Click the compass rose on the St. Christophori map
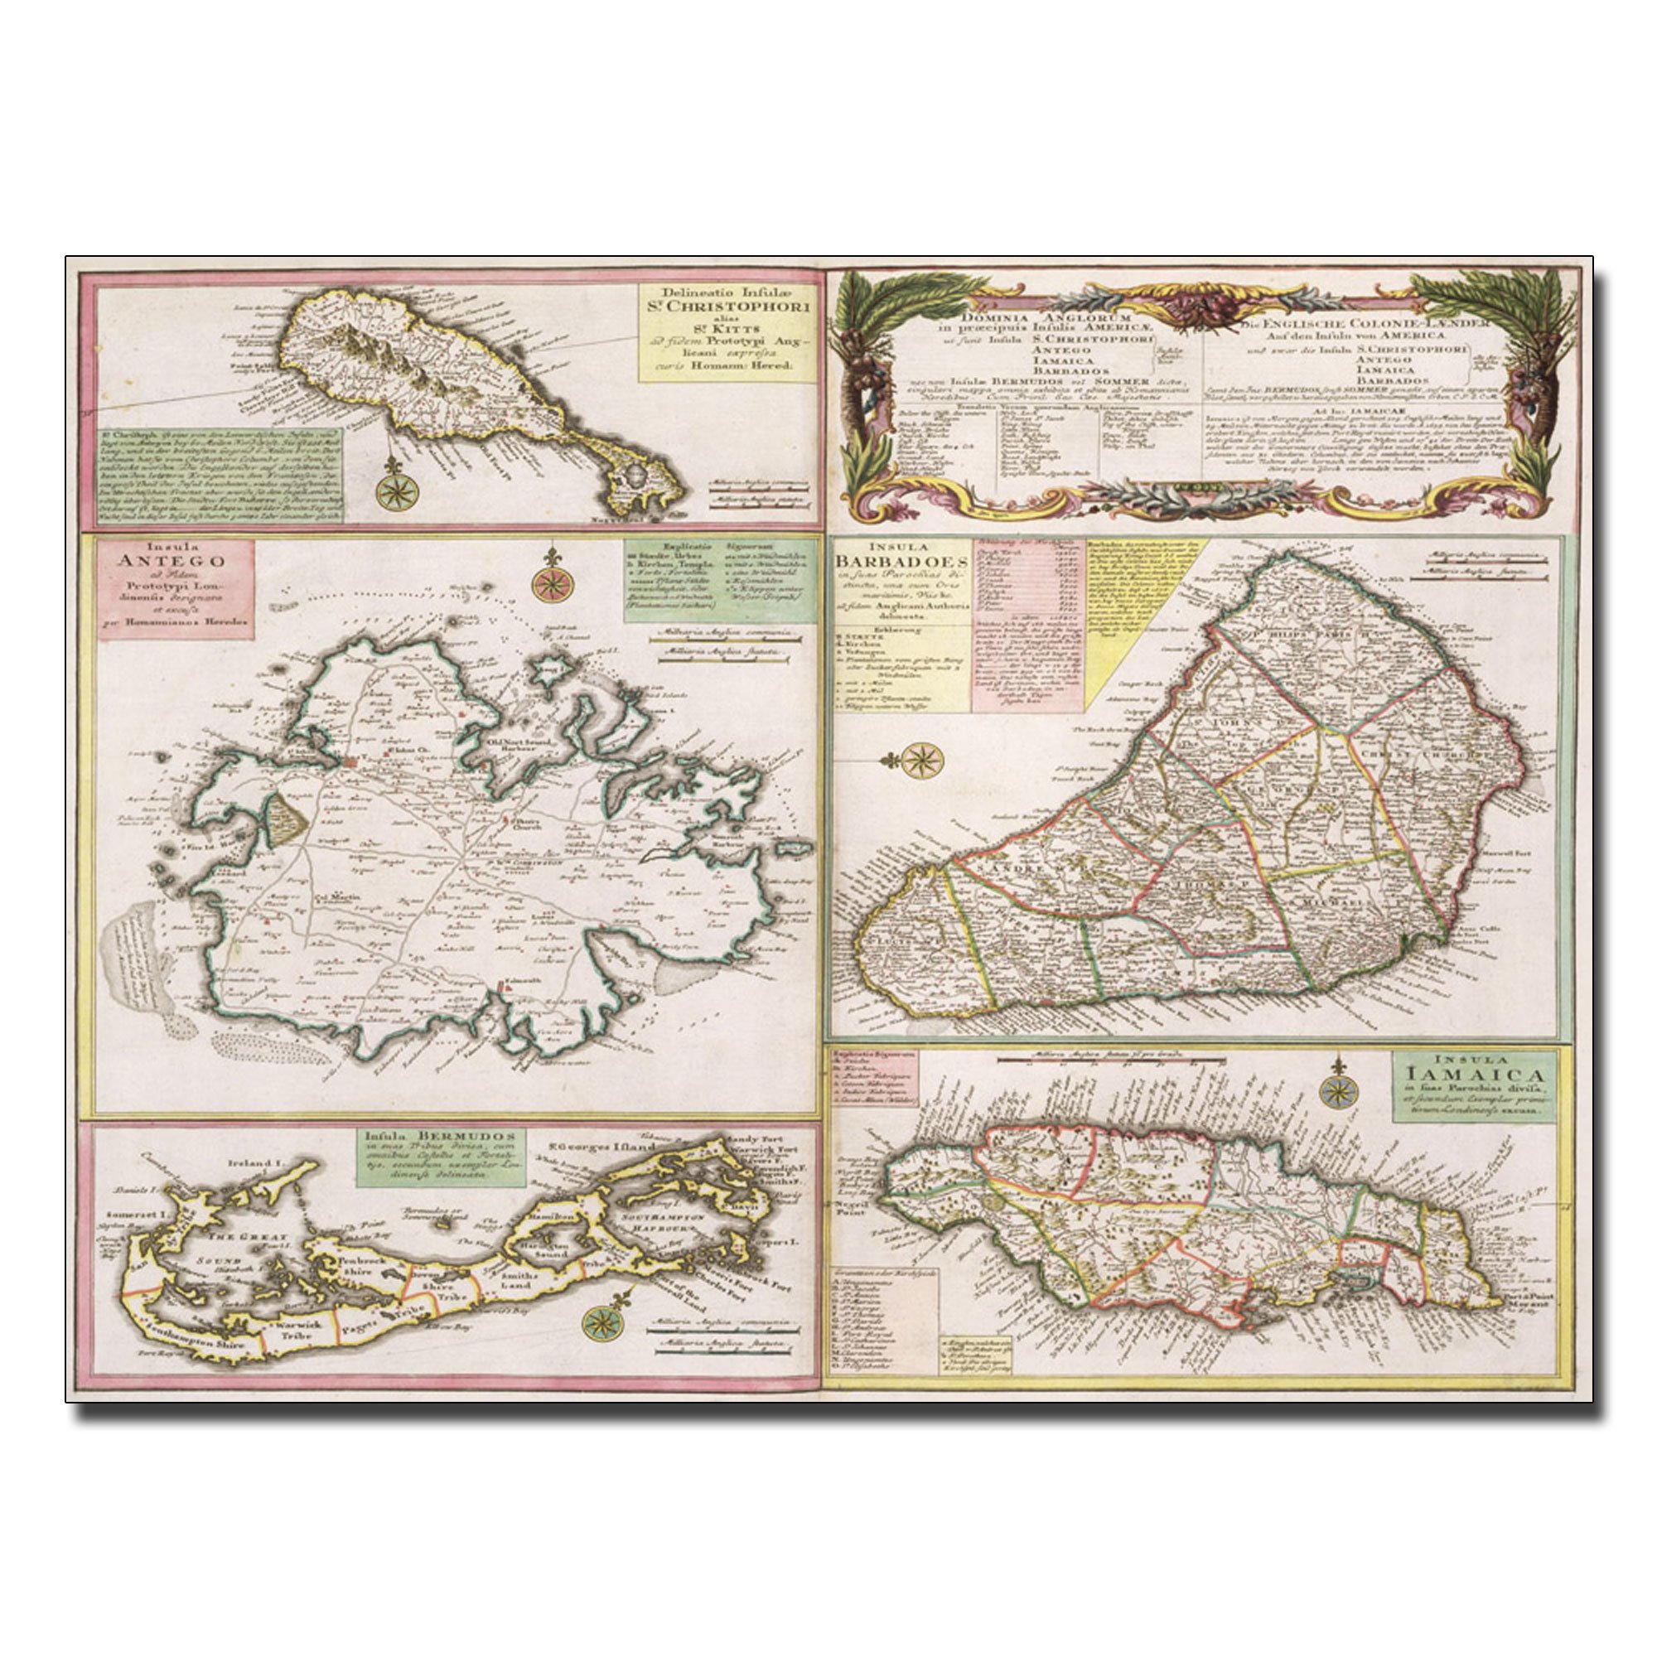(x=395, y=490)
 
